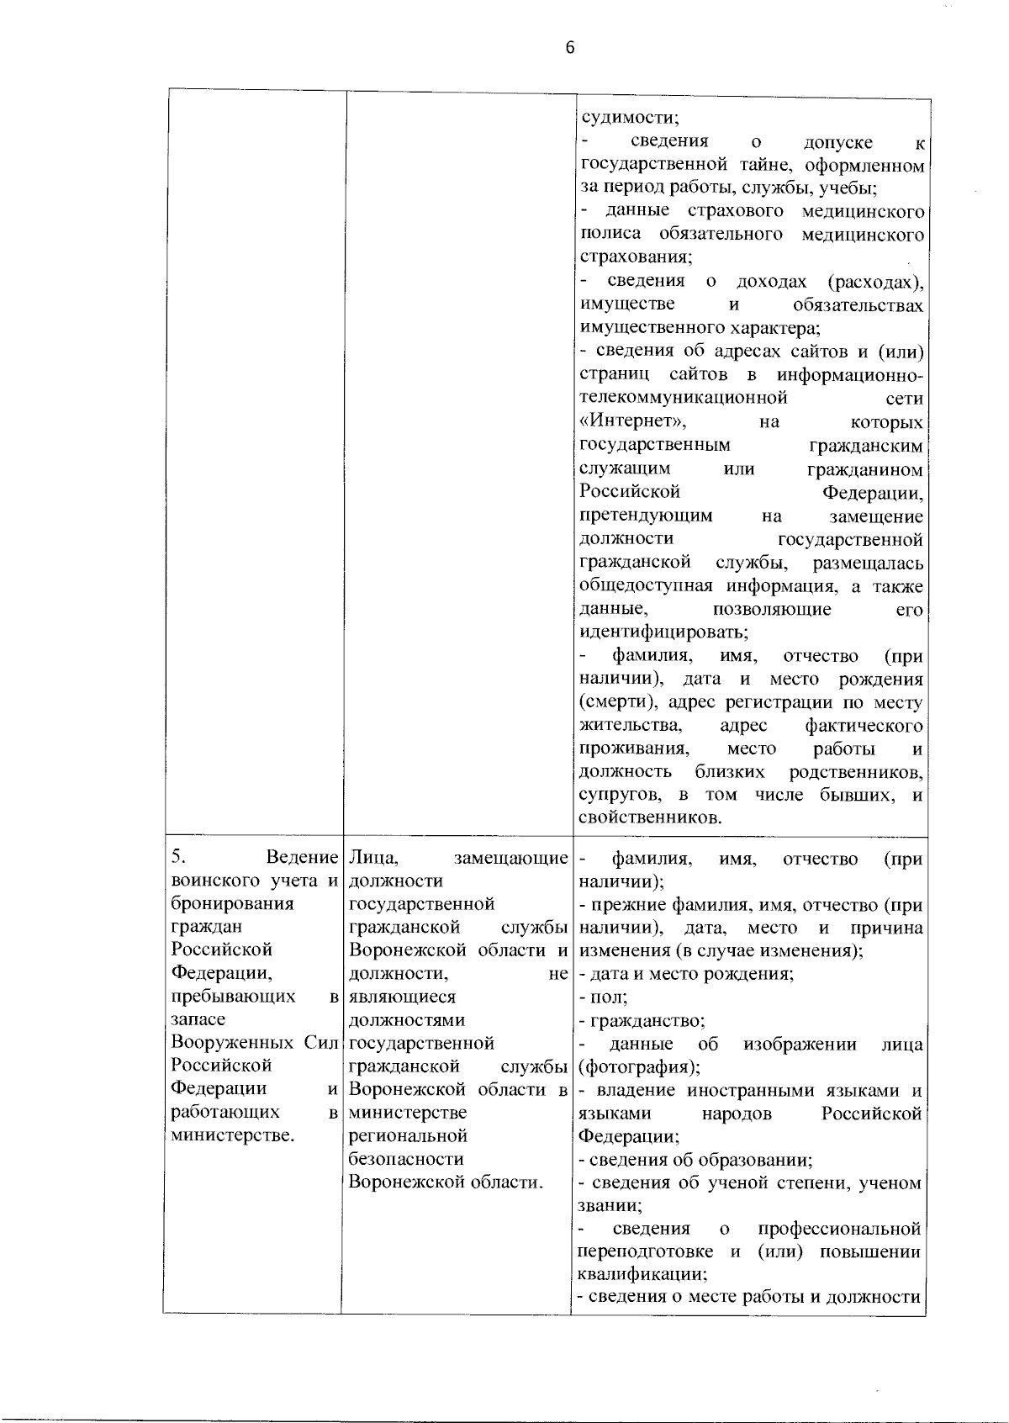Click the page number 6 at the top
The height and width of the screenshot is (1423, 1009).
570,48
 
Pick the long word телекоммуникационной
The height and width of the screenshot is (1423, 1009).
684,397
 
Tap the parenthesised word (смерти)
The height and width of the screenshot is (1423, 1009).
618,701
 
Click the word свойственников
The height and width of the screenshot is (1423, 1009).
648,817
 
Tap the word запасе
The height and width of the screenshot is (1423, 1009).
198,1019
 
